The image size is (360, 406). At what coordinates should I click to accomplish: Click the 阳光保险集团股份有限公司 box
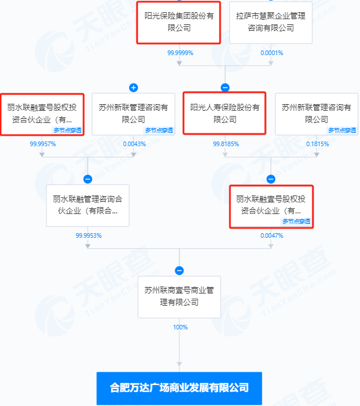(179, 22)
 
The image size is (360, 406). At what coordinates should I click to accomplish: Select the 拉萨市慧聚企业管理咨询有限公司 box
(271, 22)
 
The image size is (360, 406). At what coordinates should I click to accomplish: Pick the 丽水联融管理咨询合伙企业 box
(88, 205)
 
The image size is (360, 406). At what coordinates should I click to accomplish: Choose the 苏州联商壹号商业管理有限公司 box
(179, 296)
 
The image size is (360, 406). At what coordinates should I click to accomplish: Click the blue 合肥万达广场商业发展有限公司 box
(179, 387)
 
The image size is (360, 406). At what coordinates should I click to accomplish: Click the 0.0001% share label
(272, 53)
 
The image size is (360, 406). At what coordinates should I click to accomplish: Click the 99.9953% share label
(88, 235)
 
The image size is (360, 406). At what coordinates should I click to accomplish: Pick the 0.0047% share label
(272, 235)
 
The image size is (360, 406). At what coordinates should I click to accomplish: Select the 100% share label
(180, 327)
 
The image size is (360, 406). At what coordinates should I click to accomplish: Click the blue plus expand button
(134, 88)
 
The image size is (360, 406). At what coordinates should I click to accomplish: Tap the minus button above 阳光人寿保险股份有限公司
(225, 88)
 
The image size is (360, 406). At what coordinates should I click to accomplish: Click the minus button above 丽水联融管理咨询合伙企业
(88, 179)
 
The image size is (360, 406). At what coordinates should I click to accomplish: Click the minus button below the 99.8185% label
(271, 179)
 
